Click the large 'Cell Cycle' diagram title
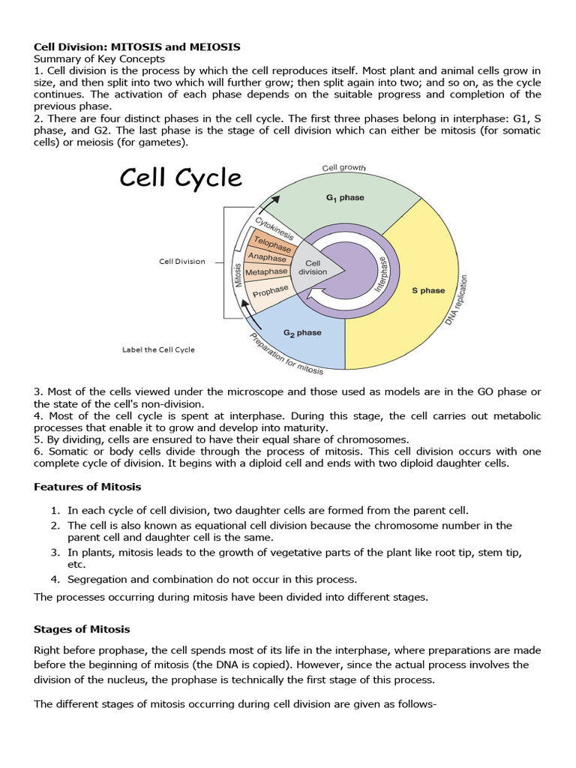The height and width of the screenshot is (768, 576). click(x=181, y=178)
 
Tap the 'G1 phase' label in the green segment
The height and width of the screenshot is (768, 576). click(x=345, y=198)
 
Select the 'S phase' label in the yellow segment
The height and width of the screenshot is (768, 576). click(x=428, y=290)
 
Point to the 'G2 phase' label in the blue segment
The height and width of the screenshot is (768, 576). click(x=302, y=332)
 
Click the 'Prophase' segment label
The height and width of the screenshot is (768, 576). click(x=271, y=289)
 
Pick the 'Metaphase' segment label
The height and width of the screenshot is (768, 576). click(x=266, y=271)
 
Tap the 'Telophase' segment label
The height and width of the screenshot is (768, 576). click(x=273, y=244)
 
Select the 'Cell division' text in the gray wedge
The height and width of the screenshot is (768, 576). click(x=313, y=268)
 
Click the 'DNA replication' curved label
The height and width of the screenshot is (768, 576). click(x=460, y=301)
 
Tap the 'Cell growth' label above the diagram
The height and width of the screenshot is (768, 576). click(x=343, y=168)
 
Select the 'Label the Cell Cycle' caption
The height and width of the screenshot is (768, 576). click(x=158, y=349)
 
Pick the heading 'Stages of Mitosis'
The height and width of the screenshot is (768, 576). click(x=82, y=628)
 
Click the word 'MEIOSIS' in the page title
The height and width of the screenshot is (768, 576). click(x=212, y=46)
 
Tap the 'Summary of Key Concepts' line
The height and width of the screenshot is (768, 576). click(x=99, y=58)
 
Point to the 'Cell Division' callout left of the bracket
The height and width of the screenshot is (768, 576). click(x=181, y=262)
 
